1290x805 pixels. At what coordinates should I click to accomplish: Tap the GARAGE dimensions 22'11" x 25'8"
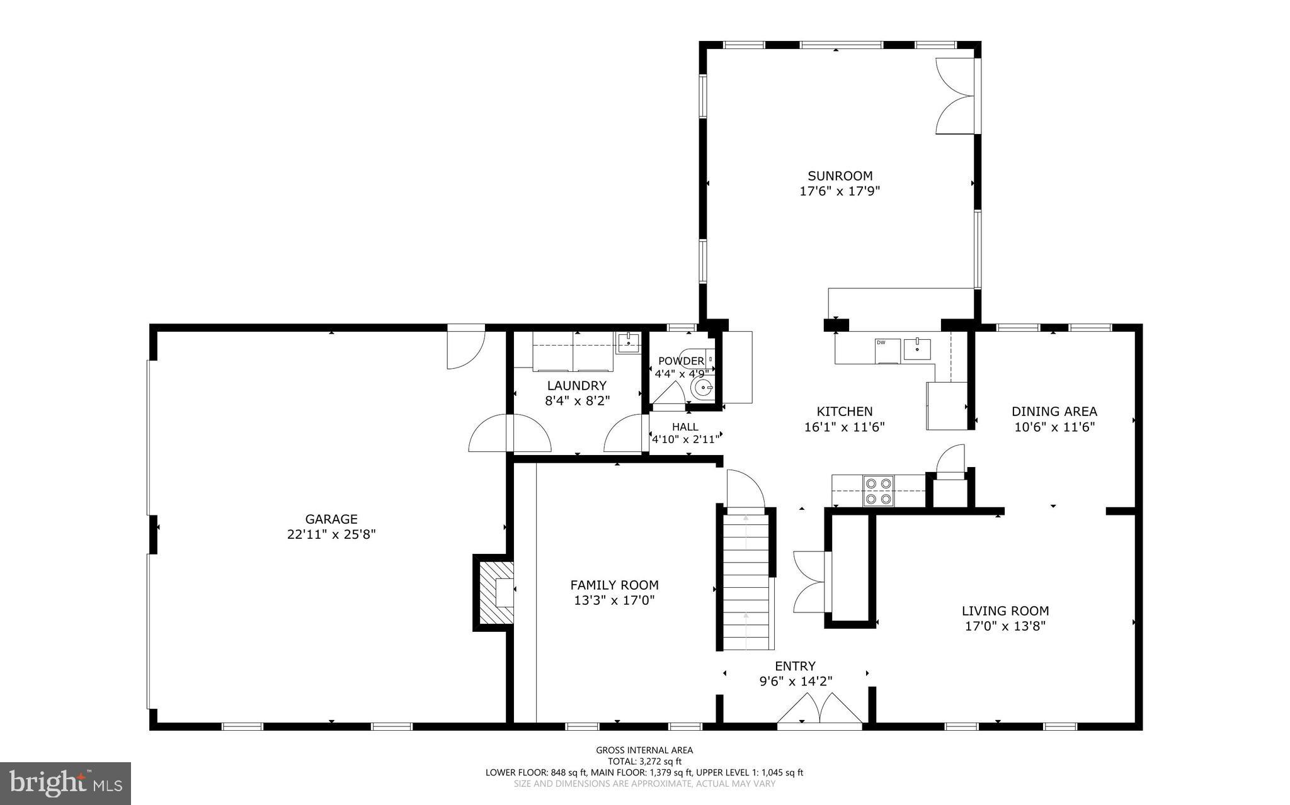point(331,534)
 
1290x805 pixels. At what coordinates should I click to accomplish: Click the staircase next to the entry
point(747,582)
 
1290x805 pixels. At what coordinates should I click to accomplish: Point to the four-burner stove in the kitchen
point(879,492)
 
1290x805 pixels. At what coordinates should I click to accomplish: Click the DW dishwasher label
point(880,342)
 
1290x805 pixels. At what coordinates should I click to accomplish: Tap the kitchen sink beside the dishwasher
point(917,349)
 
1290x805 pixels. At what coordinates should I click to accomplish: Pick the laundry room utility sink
point(628,343)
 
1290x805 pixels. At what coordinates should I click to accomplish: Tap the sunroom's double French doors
point(955,96)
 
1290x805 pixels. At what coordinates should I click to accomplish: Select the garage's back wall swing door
point(465,347)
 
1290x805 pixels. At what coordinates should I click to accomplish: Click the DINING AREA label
point(1054,412)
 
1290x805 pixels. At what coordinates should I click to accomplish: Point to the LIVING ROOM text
point(1005,611)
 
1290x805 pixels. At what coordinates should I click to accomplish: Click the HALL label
point(685,427)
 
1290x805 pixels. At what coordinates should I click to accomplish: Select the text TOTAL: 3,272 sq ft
point(644,761)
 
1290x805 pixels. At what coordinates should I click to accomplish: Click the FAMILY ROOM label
point(614,585)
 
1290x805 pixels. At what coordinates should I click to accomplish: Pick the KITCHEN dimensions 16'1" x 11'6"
point(844,427)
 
